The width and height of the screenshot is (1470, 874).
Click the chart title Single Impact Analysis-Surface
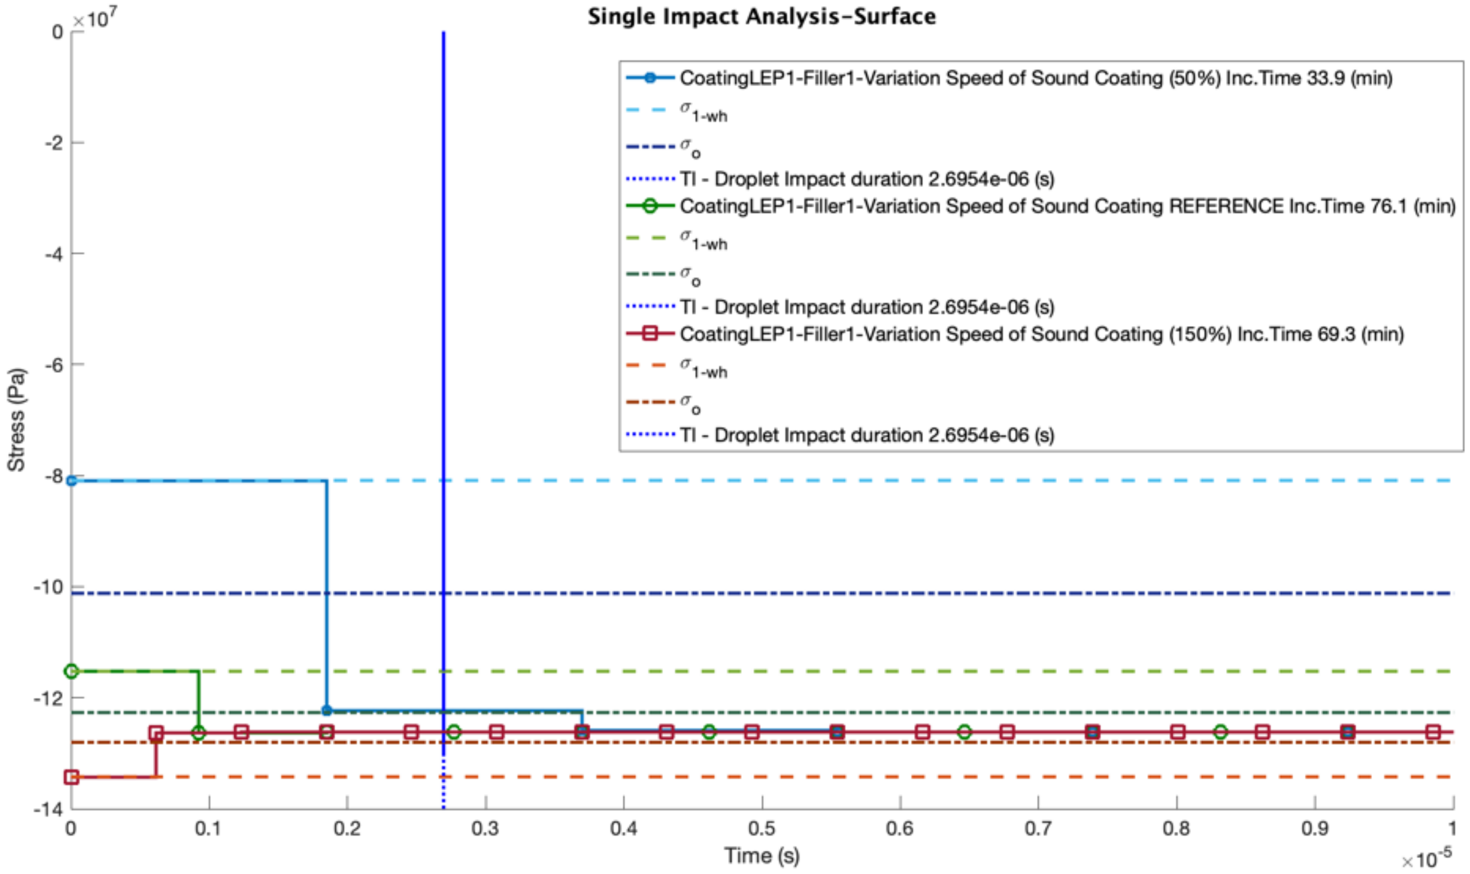[761, 17]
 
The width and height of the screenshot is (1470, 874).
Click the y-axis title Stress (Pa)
[17, 420]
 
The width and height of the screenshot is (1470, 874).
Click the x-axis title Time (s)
[761, 855]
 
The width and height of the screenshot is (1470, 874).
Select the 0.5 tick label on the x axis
[761, 829]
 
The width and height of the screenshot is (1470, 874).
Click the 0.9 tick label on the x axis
[1314, 829]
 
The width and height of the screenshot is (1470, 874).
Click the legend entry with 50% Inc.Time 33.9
[1035, 78]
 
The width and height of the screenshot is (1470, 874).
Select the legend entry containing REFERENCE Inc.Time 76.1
[1066, 206]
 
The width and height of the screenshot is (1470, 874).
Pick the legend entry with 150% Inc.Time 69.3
[1041, 334]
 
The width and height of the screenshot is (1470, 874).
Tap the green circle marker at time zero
[71, 671]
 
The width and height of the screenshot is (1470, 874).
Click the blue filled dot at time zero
[71, 481]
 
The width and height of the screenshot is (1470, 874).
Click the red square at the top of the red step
[156, 733]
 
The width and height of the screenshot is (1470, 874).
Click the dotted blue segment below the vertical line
[443, 783]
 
